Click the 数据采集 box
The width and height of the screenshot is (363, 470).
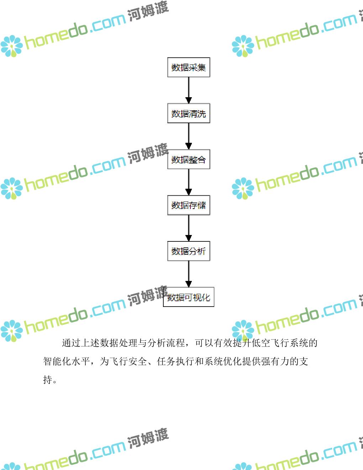189,67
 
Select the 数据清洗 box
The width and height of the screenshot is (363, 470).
189,114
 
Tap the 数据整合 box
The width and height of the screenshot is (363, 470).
189,160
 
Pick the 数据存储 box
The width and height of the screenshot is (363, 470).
189,205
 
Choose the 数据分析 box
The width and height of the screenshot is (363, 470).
189,251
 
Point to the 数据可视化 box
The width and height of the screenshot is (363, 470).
189,297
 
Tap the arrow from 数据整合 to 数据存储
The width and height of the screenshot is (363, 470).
189,182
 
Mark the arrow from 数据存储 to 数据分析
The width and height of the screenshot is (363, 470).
189,228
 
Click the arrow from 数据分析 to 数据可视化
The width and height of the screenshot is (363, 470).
189,274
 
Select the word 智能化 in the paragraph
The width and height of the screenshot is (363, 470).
57,361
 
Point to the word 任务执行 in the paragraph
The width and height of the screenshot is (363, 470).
176,361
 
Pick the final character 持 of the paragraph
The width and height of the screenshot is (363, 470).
48,380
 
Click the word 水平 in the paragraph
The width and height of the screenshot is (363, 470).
81,361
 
